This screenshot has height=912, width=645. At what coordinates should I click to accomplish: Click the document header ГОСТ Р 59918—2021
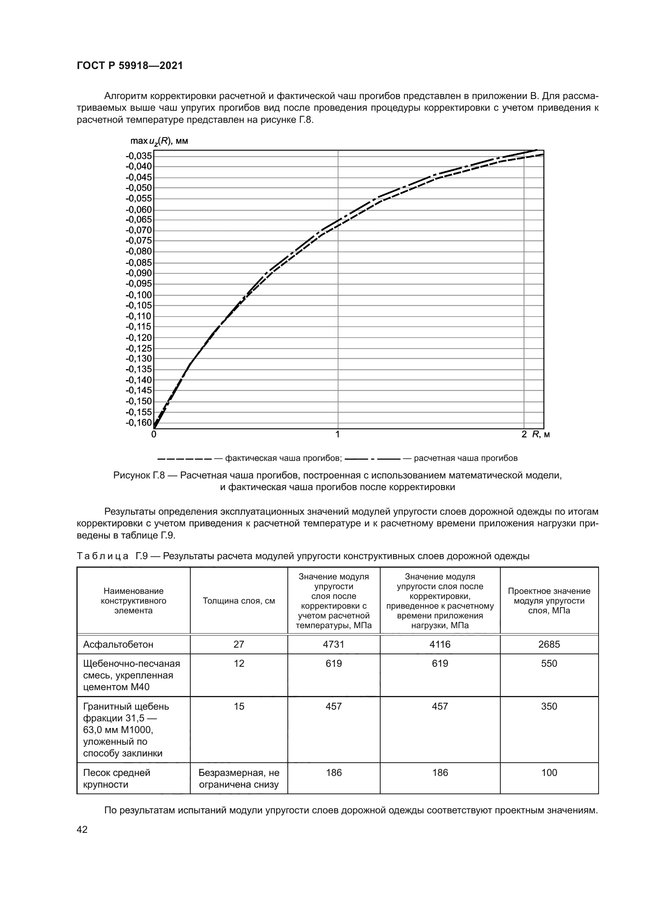[129, 66]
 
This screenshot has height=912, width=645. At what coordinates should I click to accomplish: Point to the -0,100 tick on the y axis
[139, 295]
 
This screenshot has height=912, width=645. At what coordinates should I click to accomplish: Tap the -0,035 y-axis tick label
[139, 156]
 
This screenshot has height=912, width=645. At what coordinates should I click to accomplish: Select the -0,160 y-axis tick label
[139, 422]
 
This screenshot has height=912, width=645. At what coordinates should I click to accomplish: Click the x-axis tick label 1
[338, 434]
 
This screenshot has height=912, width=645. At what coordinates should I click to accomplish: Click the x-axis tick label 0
[154, 434]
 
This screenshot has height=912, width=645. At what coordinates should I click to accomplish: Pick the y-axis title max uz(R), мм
[159, 141]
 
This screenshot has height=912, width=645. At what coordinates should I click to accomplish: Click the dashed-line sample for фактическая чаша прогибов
[184, 459]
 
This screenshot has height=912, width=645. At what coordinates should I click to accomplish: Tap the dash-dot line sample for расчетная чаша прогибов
[372, 459]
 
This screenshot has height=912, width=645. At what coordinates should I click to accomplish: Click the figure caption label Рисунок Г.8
[138, 475]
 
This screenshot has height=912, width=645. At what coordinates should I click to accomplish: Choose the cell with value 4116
[439, 644]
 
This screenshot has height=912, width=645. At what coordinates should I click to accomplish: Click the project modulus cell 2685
[549, 644]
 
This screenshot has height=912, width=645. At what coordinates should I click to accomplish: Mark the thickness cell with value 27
[239, 644]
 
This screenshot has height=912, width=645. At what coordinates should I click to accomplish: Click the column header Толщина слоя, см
[239, 601]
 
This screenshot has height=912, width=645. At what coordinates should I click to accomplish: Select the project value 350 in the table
[549, 706]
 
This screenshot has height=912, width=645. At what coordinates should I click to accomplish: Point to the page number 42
[82, 829]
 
